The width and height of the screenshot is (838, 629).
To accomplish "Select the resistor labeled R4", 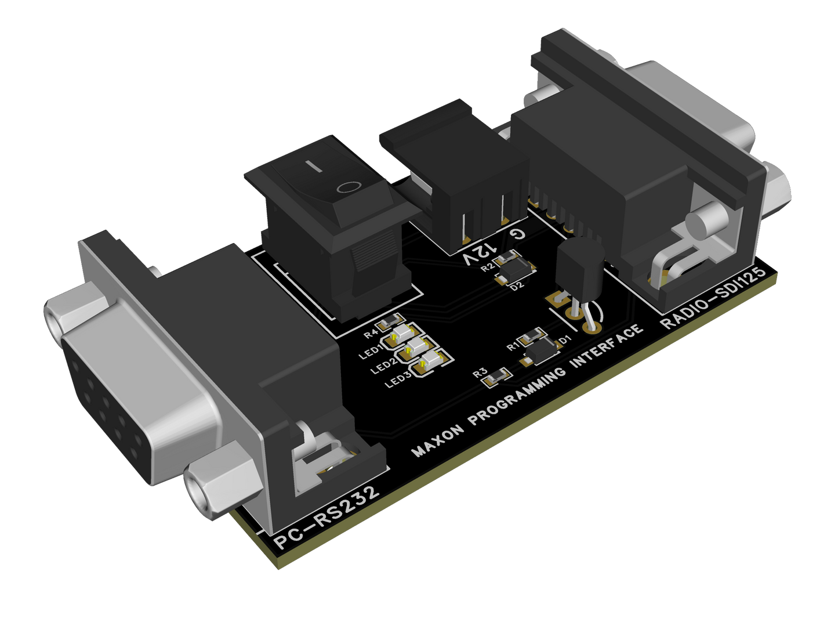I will (387, 321).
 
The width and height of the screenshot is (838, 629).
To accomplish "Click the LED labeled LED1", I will (401, 334).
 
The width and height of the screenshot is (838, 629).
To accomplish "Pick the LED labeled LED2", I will (416, 347).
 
